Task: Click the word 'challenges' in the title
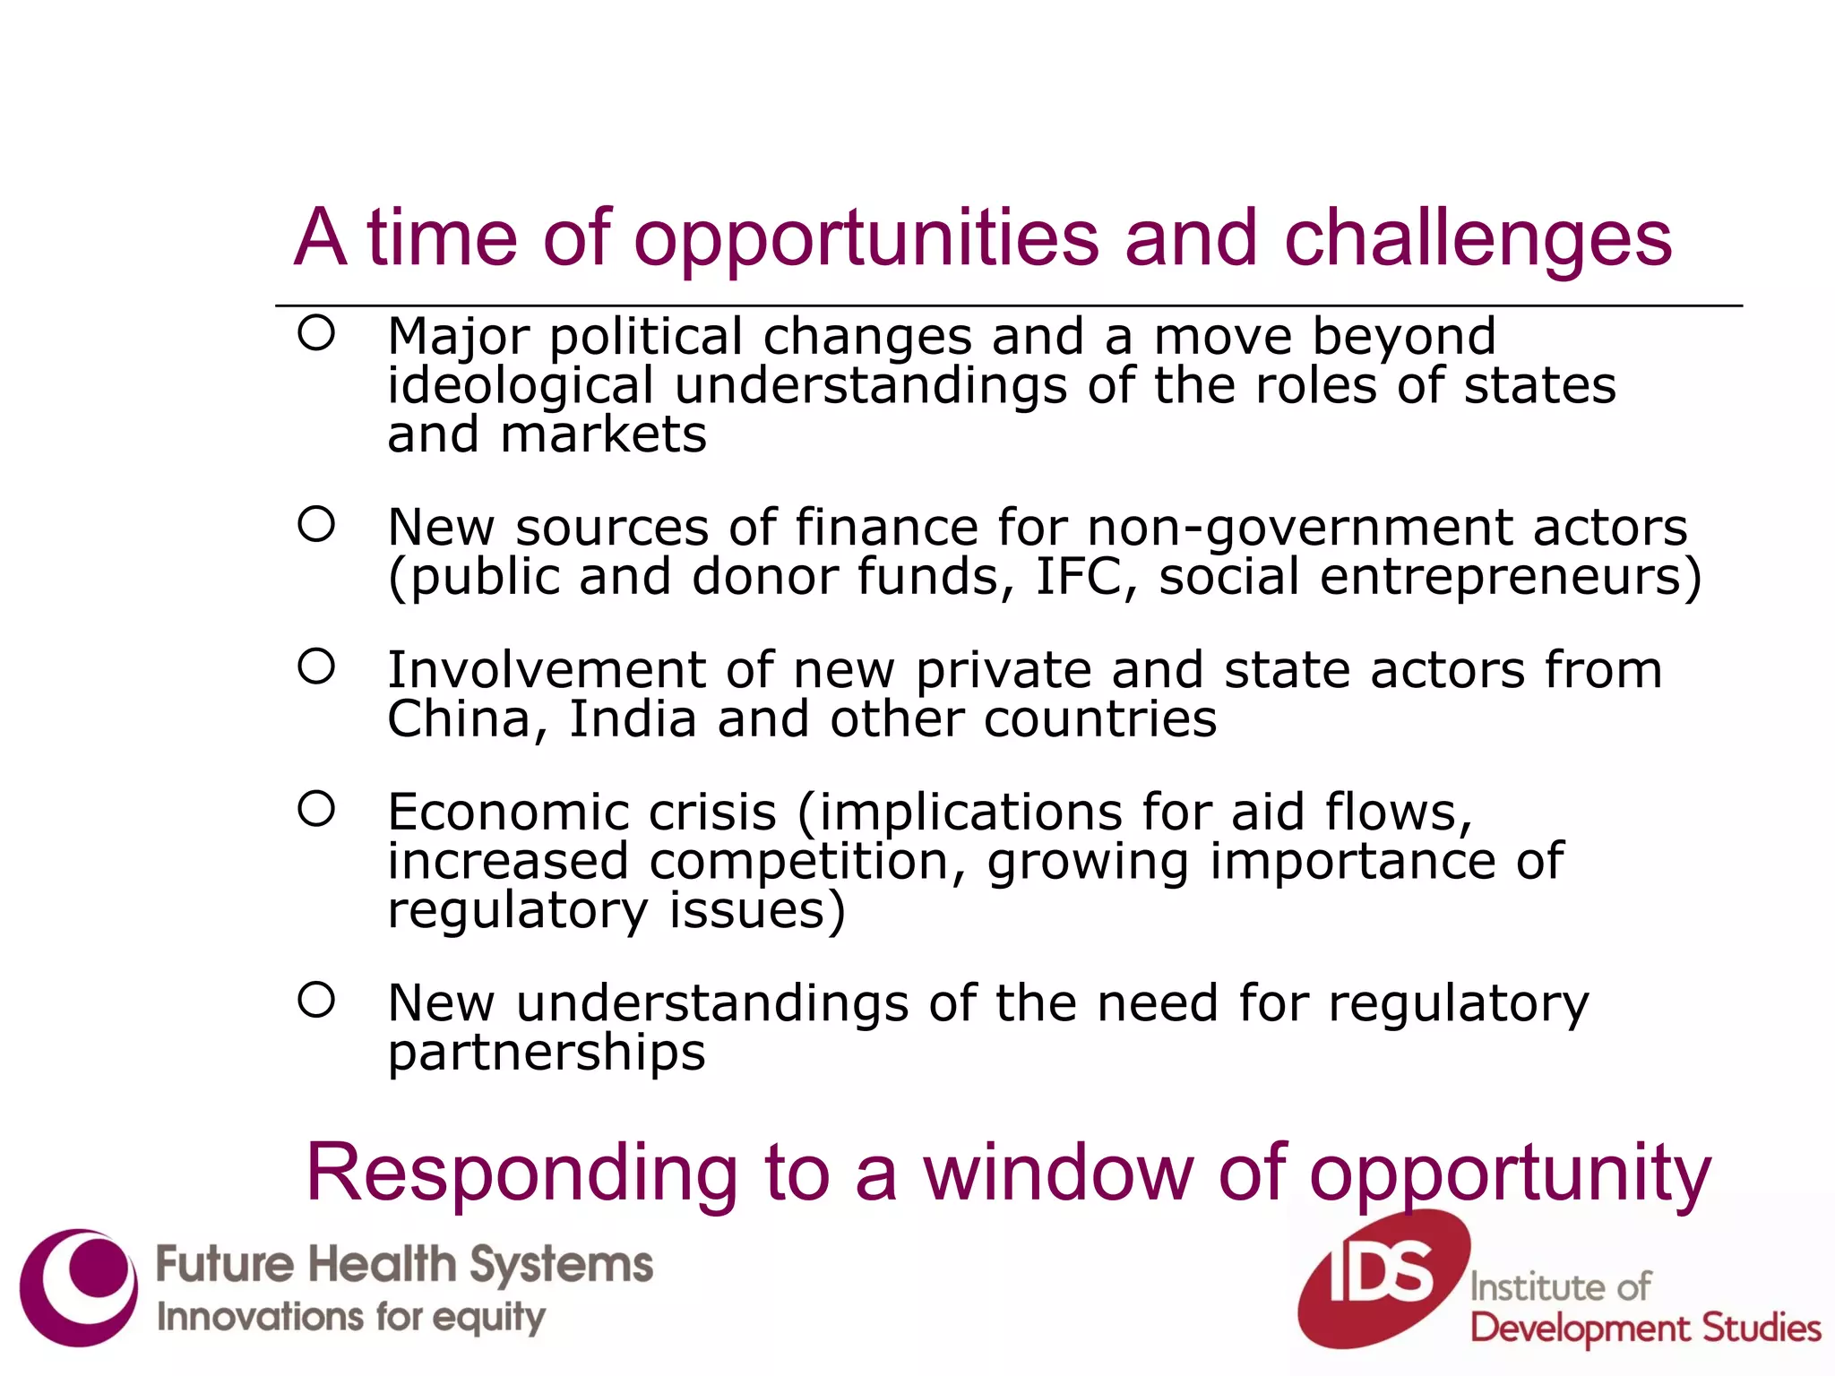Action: (1477, 239)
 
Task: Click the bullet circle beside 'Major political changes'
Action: (316, 333)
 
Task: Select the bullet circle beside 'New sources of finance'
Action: (316, 524)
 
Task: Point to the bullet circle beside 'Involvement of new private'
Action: (316, 666)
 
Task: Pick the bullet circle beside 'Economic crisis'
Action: (316, 809)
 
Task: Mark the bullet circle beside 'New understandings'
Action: (316, 1000)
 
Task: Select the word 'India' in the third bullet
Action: (633, 719)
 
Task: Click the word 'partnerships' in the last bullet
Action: (547, 1053)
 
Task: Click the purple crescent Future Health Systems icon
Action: (79, 1287)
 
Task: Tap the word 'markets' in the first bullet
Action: (603, 435)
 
